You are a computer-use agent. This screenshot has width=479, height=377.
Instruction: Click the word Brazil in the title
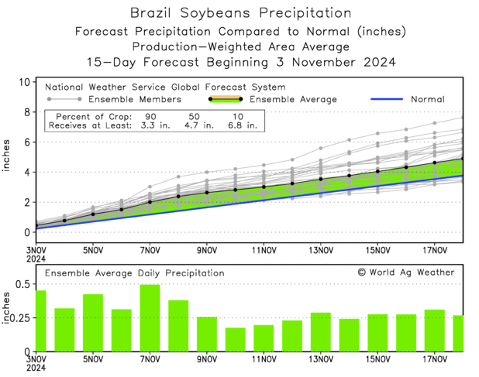point(155,13)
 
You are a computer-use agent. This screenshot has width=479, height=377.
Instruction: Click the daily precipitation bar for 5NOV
point(93,322)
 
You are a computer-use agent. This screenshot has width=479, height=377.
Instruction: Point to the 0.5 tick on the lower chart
point(21,284)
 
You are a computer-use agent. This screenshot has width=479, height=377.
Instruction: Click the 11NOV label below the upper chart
point(264,250)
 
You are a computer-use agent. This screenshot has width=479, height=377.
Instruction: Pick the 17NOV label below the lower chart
point(435,359)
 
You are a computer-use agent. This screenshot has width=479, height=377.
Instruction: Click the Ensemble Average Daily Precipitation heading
point(134,273)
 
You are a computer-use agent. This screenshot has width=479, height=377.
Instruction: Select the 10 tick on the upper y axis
point(23,82)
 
